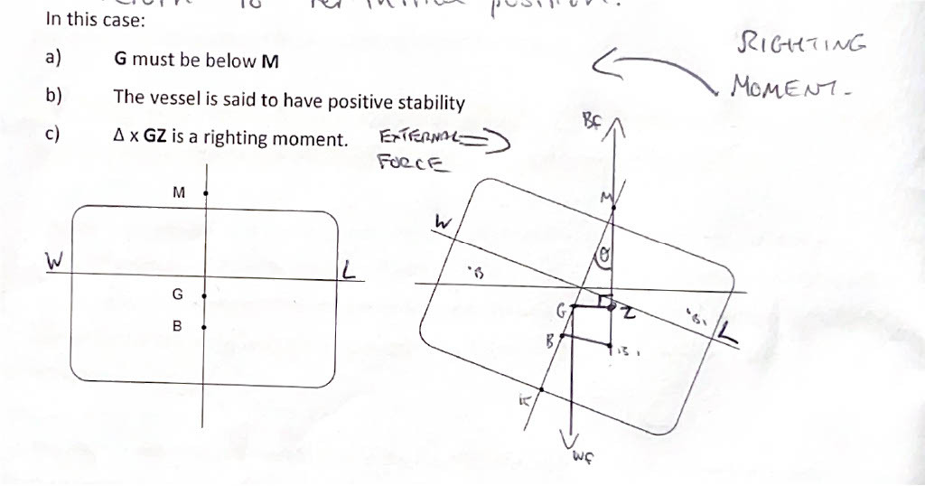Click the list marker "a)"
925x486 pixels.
coord(52,60)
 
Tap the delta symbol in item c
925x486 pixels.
coord(118,138)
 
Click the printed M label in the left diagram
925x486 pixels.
coord(178,192)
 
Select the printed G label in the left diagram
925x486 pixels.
coord(177,294)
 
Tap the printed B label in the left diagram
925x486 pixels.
coord(177,326)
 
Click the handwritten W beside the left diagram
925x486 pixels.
coord(56,260)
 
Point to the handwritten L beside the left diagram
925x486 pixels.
coord(350,268)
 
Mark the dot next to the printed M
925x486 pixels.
coord(206,192)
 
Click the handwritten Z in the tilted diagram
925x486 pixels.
coord(628,312)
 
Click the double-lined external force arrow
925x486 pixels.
coord(484,140)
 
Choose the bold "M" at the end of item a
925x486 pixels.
coord(269,61)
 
